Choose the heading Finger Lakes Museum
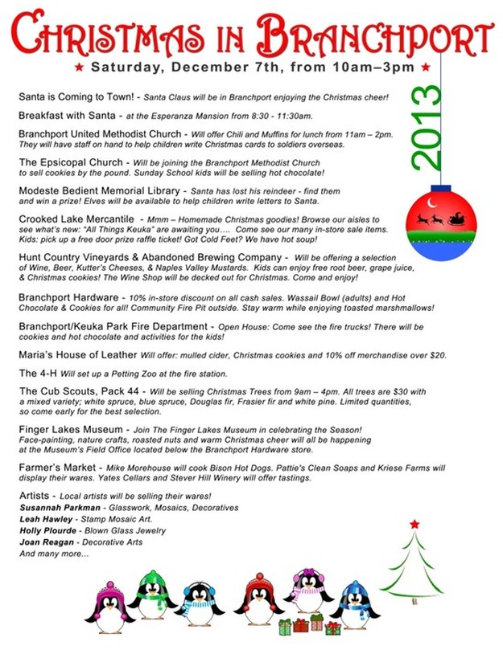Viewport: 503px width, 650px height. (x=71, y=430)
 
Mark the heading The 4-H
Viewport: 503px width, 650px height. (x=37, y=374)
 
